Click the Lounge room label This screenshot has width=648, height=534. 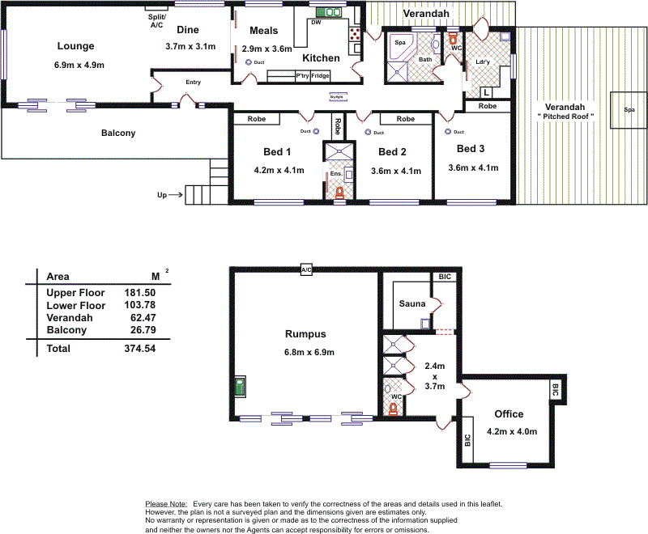75,46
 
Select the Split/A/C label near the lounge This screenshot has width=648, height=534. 156,20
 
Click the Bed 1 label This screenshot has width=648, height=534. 277,151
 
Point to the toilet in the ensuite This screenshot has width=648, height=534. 339,193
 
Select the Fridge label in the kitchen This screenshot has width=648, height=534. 321,75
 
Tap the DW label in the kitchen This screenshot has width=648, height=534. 316,22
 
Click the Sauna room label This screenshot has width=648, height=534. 412,303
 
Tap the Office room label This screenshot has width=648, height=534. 509,413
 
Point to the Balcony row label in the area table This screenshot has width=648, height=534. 66,330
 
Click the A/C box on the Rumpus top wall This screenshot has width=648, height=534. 306,269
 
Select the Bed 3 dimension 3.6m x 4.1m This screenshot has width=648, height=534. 473,167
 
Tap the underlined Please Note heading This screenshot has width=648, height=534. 166,504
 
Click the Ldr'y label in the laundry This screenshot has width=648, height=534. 483,62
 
